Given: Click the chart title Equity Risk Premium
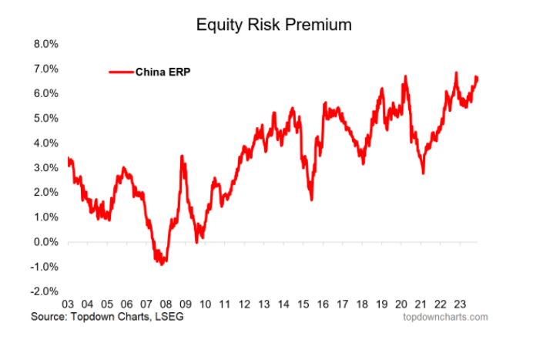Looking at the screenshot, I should pyautogui.click(x=273, y=25).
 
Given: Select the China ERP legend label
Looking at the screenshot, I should pyautogui.click(x=163, y=72).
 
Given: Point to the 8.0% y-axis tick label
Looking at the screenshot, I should pyautogui.click(x=45, y=44).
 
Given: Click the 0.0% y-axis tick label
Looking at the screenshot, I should pyautogui.click(x=45, y=242).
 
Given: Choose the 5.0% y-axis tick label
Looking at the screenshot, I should pyautogui.click(x=45, y=118).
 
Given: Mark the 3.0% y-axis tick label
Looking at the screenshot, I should pyautogui.click(x=45, y=167).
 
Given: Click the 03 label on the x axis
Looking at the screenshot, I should pyautogui.click(x=68, y=304).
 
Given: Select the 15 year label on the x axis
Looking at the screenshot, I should pyautogui.click(x=303, y=304).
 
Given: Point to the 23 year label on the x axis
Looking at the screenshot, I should pyautogui.click(x=460, y=304).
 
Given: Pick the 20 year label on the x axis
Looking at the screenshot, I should pyautogui.click(x=401, y=304).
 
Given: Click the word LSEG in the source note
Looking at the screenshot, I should pyautogui.click(x=171, y=316).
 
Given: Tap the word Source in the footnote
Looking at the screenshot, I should pyautogui.click(x=48, y=316).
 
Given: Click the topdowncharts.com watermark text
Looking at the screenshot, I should pyautogui.click(x=445, y=316).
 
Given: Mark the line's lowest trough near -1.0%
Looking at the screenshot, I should pyautogui.click(x=162, y=264).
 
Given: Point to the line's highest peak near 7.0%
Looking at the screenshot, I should pyautogui.click(x=456, y=73).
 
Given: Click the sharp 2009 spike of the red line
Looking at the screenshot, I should pyautogui.click(x=182, y=156).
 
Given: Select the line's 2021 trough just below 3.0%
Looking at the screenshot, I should pyautogui.click(x=423, y=173).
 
